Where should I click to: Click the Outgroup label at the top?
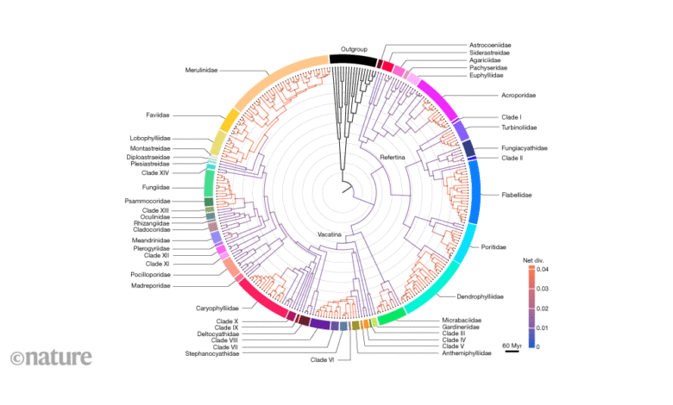(x=354, y=48)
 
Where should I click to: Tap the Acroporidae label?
(x=518, y=95)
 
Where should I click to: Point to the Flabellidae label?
(x=516, y=195)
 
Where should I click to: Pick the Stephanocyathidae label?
(x=212, y=353)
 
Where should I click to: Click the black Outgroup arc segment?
(x=354, y=60)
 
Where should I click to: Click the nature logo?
(x=41, y=357)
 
